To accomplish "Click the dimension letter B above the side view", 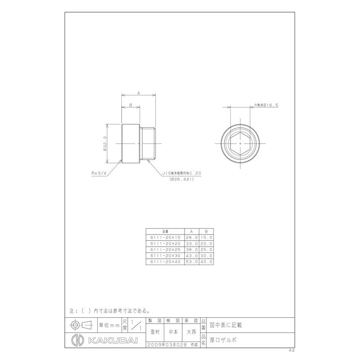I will [130, 105].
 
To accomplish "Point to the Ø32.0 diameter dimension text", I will [105, 144].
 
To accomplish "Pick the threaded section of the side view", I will [149, 144].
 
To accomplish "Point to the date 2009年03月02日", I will [168, 345].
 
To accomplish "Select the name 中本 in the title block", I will [173, 333].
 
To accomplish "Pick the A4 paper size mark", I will [291, 350].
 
